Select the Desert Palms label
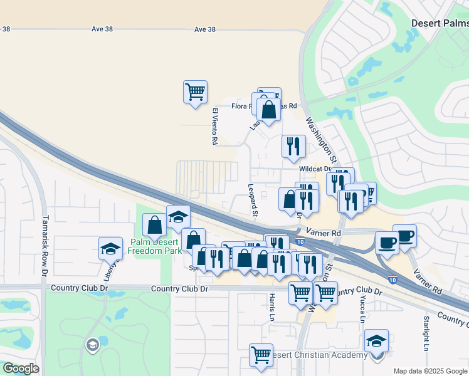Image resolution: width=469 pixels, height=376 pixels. point(440,23)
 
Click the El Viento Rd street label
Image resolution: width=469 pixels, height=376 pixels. point(214,127)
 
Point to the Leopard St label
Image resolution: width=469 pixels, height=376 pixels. point(252,200)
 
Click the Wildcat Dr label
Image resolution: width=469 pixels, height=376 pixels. point(315,169)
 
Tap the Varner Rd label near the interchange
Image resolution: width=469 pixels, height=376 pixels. point(328,233)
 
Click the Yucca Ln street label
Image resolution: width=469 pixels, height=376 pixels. point(362,310)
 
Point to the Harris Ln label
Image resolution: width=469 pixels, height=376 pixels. point(272,308)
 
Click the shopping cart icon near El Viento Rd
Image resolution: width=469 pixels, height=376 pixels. point(196,91)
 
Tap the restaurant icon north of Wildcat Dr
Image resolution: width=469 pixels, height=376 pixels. point(293,147)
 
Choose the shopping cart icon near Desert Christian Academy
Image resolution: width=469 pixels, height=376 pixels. point(261,355)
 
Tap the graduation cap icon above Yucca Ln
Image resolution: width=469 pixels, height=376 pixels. point(376,341)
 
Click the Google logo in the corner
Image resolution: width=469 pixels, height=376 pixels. point(21,368)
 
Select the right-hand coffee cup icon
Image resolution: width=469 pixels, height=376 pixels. point(405,236)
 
